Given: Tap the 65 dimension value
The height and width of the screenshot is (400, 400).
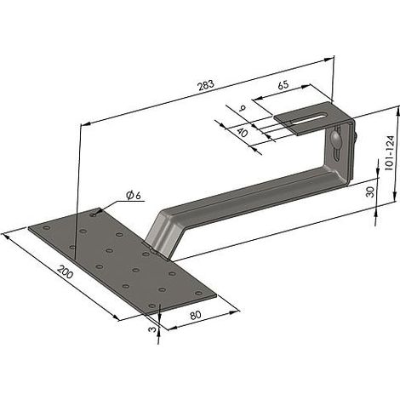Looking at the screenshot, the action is [283, 85].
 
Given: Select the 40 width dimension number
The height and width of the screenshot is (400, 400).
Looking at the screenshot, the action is [242, 133].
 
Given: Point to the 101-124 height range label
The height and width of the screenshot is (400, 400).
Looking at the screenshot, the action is [391, 153].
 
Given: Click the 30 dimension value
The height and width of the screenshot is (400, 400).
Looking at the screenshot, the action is [370, 192].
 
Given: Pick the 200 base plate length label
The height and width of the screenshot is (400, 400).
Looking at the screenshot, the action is [66, 271].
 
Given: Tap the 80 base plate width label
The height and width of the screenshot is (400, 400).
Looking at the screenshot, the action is [196, 315].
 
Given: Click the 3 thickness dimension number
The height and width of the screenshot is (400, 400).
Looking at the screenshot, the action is [152, 329].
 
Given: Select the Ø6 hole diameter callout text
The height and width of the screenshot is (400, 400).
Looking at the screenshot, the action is [134, 196].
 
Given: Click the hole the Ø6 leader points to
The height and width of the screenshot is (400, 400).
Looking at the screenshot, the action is [93, 214].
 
